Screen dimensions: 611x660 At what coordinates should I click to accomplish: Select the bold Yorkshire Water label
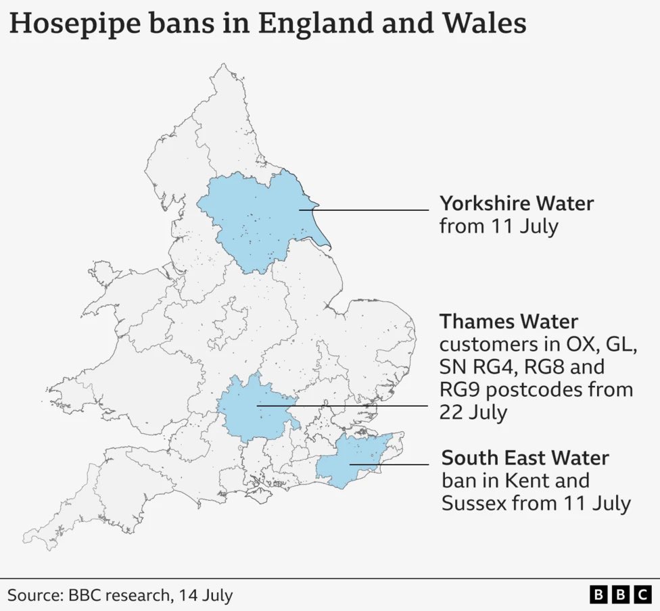coord(517,203)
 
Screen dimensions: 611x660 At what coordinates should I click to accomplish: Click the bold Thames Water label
coord(509,320)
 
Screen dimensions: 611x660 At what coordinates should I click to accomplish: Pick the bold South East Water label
coord(525,458)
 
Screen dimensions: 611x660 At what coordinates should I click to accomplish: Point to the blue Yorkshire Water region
coord(260,220)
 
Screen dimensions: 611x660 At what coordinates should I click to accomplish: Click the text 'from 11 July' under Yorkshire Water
coord(498,226)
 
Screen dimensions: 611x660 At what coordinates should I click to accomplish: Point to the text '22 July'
coord(473,412)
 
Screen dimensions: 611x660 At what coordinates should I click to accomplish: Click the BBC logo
coord(619,595)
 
